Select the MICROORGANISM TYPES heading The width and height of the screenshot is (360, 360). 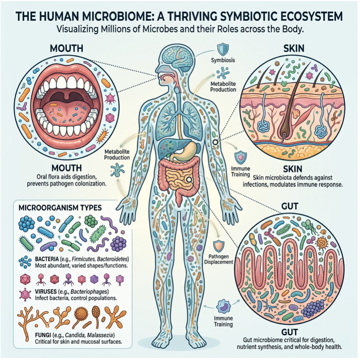[60, 208]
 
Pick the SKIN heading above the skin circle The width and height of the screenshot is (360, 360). [293, 48]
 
